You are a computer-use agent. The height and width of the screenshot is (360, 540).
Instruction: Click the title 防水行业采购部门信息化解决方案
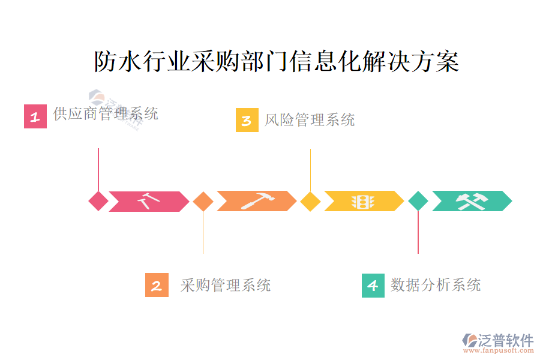pyautogui.click(x=277, y=62)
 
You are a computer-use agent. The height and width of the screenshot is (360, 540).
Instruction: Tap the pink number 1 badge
pyautogui.click(x=35, y=116)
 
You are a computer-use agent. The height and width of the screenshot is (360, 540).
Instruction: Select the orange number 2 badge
pyautogui.click(x=157, y=285)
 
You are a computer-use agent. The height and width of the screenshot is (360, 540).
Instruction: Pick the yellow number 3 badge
pyautogui.click(x=247, y=120)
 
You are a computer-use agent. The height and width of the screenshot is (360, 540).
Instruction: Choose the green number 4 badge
pyautogui.click(x=373, y=285)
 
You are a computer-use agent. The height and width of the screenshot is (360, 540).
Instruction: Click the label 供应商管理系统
pyautogui.click(x=106, y=113)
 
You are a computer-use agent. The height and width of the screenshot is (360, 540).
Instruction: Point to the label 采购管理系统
pyautogui.click(x=226, y=285)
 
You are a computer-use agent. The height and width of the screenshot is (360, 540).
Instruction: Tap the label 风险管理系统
pyautogui.click(x=310, y=120)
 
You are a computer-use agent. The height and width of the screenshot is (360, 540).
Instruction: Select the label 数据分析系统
pyautogui.click(x=436, y=284)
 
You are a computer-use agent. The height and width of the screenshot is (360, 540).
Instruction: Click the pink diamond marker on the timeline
pyautogui.click(x=98, y=201)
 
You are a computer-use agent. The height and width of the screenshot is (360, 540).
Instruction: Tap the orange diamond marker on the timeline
pyautogui.click(x=203, y=201)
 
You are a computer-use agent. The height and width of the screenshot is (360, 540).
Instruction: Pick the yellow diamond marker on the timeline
pyautogui.click(x=310, y=201)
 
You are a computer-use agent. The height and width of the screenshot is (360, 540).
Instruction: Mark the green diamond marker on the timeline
pyautogui.click(x=418, y=201)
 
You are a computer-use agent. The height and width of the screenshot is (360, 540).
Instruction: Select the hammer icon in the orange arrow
pyautogui.click(x=257, y=200)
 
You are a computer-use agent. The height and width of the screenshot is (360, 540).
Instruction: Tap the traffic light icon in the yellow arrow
pyautogui.click(x=362, y=202)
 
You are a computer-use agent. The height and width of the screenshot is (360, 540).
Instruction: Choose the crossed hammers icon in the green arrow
pyautogui.click(x=472, y=201)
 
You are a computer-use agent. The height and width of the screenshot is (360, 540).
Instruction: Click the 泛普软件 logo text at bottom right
pyautogui.click(x=505, y=340)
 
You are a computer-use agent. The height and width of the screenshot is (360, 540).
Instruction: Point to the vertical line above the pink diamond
pyautogui.click(x=98, y=169)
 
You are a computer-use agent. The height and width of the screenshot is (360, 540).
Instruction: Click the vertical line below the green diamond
pyautogui.click(x=418, y=232)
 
